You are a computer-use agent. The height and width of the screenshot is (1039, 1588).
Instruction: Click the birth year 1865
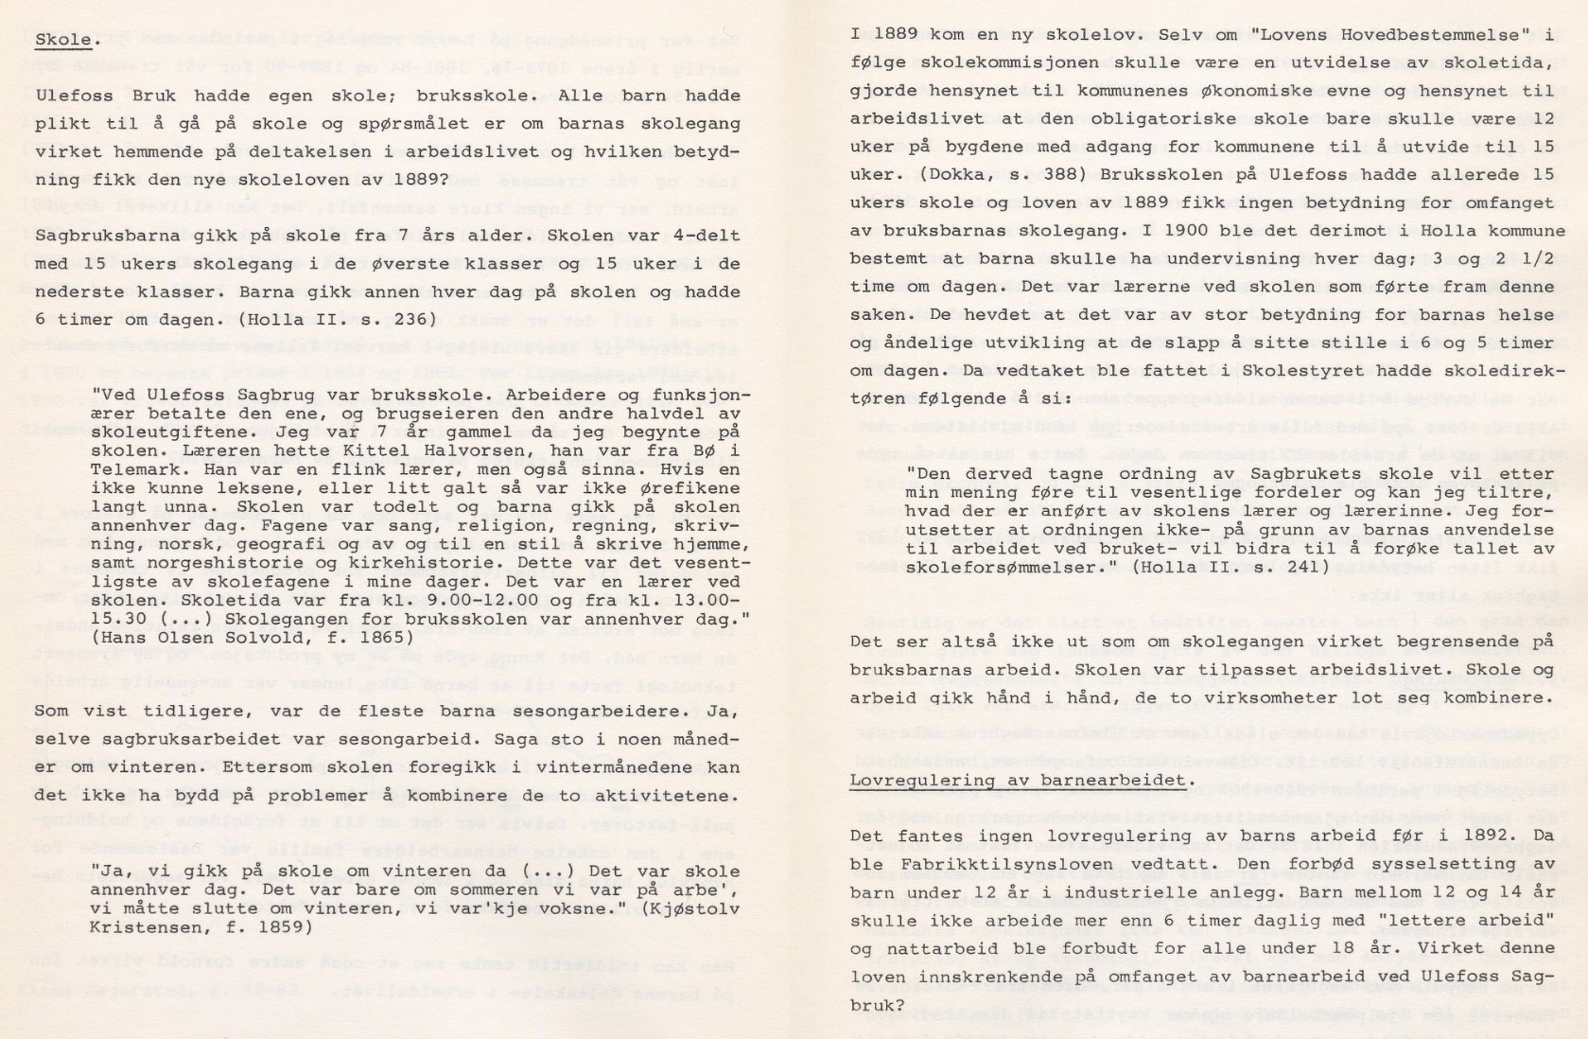[391, 638]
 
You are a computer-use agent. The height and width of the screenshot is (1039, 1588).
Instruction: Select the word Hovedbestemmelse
[1437, 35]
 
